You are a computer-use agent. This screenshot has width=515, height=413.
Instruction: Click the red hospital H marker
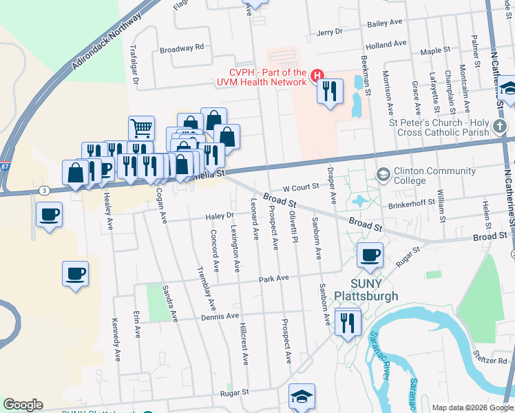coord(317,75)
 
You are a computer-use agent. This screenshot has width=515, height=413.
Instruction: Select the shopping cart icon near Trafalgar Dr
coord(141,127)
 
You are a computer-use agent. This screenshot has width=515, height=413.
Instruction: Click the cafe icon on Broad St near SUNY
coord(370,255)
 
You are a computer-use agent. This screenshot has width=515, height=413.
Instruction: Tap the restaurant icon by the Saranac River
coord(347,321)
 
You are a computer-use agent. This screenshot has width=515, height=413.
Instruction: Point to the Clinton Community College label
coord(424,176)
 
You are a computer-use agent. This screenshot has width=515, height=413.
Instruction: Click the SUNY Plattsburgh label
coord(366,289)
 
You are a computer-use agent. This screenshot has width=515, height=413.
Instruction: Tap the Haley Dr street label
coord(220,216)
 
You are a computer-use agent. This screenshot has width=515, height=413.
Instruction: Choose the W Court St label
coord(301,186)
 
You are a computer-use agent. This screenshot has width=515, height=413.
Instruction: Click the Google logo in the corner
coord(23,405)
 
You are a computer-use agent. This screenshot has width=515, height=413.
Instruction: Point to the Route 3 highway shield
coord(43,189)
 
